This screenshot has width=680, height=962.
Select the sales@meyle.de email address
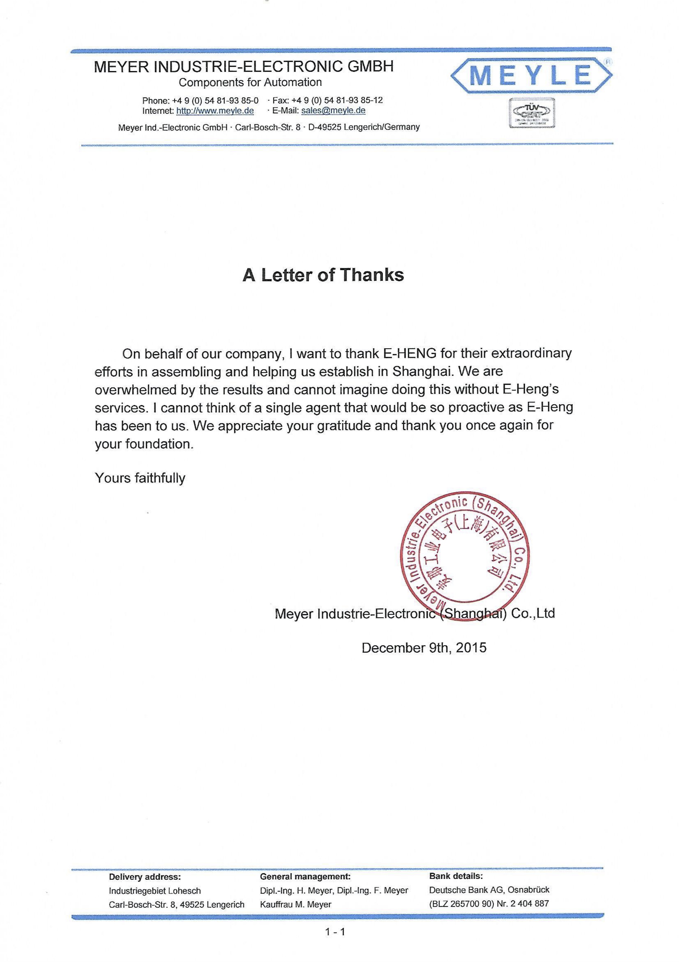click(x=333, y=111)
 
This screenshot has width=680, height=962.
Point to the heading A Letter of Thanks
click(x=323, y=275)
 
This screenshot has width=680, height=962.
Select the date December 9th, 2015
click(x=424, y=648)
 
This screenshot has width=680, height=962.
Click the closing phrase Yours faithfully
click(x=140, y=478)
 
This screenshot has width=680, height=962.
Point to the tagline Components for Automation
click(x=250, y=83)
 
